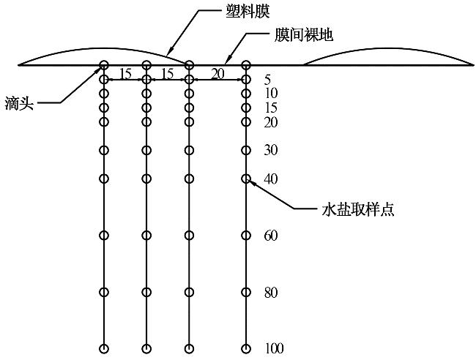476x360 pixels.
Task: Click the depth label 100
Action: tap(275, 348)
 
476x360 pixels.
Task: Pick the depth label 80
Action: tap(271, 293)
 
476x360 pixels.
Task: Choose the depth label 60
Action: tap(271, 235)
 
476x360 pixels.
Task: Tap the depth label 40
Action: tap(271, 179)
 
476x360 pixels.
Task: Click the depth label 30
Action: tap(271, 150)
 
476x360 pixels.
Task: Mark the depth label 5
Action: tap(268, 79)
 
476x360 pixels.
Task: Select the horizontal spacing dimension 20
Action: tap(217, 72)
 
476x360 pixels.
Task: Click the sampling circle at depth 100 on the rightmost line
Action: tap(246, 348)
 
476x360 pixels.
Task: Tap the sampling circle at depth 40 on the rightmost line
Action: tap(246, 179)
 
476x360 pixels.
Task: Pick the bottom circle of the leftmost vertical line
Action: tap(104, 348)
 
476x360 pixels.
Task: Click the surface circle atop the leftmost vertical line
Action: tap(104, 65)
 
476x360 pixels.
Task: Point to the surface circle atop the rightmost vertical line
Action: tap(246, 65)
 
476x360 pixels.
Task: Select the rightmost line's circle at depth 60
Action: tap(246, 235)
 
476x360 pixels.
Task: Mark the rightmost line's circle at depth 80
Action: tap(246, 292)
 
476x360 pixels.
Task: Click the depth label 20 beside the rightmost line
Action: tap(271, 122)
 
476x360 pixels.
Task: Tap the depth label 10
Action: tap(271, 93)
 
